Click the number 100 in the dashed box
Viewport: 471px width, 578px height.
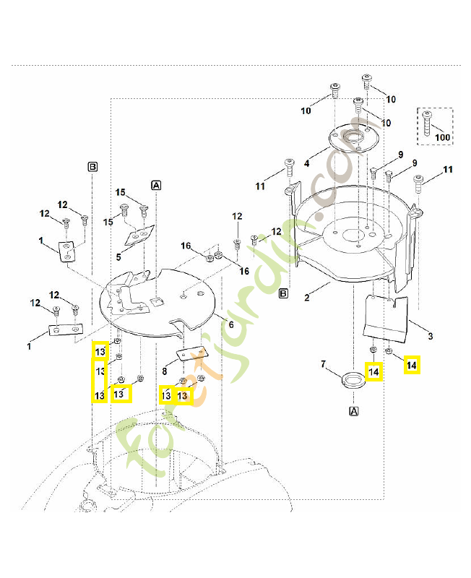click(x=442, y=137)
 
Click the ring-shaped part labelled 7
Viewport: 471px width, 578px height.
click(x=352, y=379)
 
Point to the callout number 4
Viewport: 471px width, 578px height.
click(x=306, y=164)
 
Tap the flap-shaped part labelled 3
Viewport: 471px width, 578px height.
click(x=386, y=318)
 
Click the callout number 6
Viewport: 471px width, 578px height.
click(x=230, y=325)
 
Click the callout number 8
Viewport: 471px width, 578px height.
click(x=165, y=371)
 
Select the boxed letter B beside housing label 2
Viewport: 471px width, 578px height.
click(x=283, y=293)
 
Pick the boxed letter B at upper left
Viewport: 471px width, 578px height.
click(x=92, y=166)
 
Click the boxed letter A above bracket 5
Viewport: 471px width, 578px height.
click(x=156, y=185)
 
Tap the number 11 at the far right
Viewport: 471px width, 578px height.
click(x=448, y=170)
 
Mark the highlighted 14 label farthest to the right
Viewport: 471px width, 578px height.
click(x=411, y=366)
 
